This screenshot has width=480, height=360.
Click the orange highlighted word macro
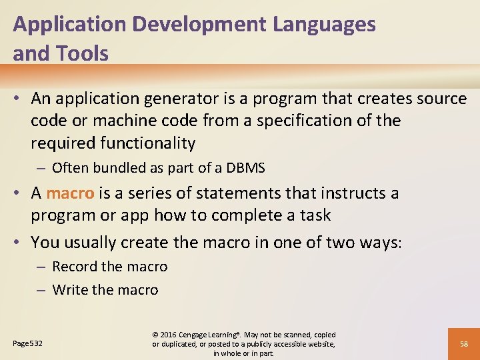point(70,193)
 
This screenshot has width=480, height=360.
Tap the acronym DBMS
point(246,168)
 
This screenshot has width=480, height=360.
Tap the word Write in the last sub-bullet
point(70,290)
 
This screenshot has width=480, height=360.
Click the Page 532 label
point(28,343)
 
